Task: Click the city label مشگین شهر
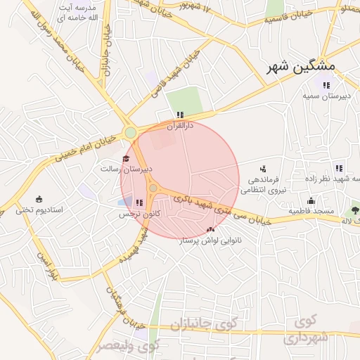click(x=302, y=67)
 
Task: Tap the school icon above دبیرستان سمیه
click(x=326, y=86)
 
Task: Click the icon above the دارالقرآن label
click(x=180, y=115)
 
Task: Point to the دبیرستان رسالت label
click(x=126, y=169)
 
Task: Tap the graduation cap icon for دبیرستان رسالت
click(x=126, y=158)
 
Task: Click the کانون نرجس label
click(x=139, y=213)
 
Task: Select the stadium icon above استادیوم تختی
click(x=39, y=199)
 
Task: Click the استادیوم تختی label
click(x=39, y=210)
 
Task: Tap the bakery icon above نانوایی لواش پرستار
click(x=210, y=229)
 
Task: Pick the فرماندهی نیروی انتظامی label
click(x=262, y=184)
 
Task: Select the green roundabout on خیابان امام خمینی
click(x=130, y=132)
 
